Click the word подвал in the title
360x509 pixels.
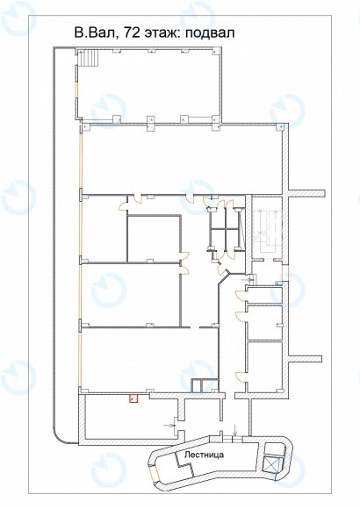pos(210,33)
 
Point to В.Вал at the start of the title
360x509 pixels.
pos(96,32)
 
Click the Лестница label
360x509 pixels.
pos(204,455)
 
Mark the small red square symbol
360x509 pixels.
pos(133,398)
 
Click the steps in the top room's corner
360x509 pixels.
pos(90,58)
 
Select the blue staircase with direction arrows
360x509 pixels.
pos(267,231)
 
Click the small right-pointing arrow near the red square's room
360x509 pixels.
pos(169,425)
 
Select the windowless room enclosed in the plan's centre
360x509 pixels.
pos(154,238)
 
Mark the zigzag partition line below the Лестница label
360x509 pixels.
pos(184,463)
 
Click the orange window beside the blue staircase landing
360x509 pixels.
pos(285,272)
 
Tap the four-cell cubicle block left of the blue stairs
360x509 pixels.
pos(225,230)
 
